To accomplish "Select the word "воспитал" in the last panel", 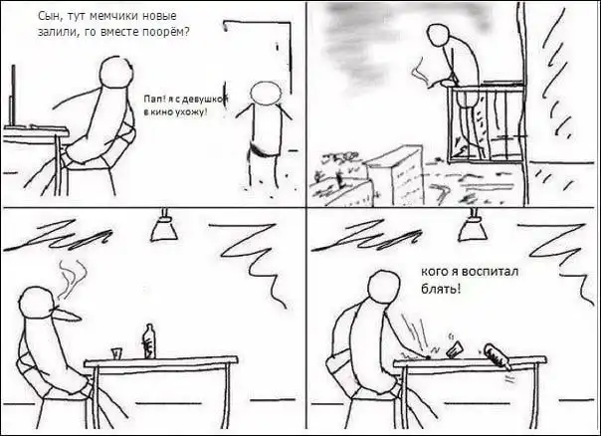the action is (491, 272).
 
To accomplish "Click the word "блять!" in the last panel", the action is (441, 289).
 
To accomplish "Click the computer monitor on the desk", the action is (14, 96).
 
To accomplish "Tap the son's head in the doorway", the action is (266, 93).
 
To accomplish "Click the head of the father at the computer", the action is (116, 74).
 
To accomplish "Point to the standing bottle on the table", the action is (149, 341).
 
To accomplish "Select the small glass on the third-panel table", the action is (116, 353).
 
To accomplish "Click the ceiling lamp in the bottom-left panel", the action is (163, 226).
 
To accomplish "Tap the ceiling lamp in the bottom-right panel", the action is (473, 226).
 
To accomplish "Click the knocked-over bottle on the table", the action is (498, 356).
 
